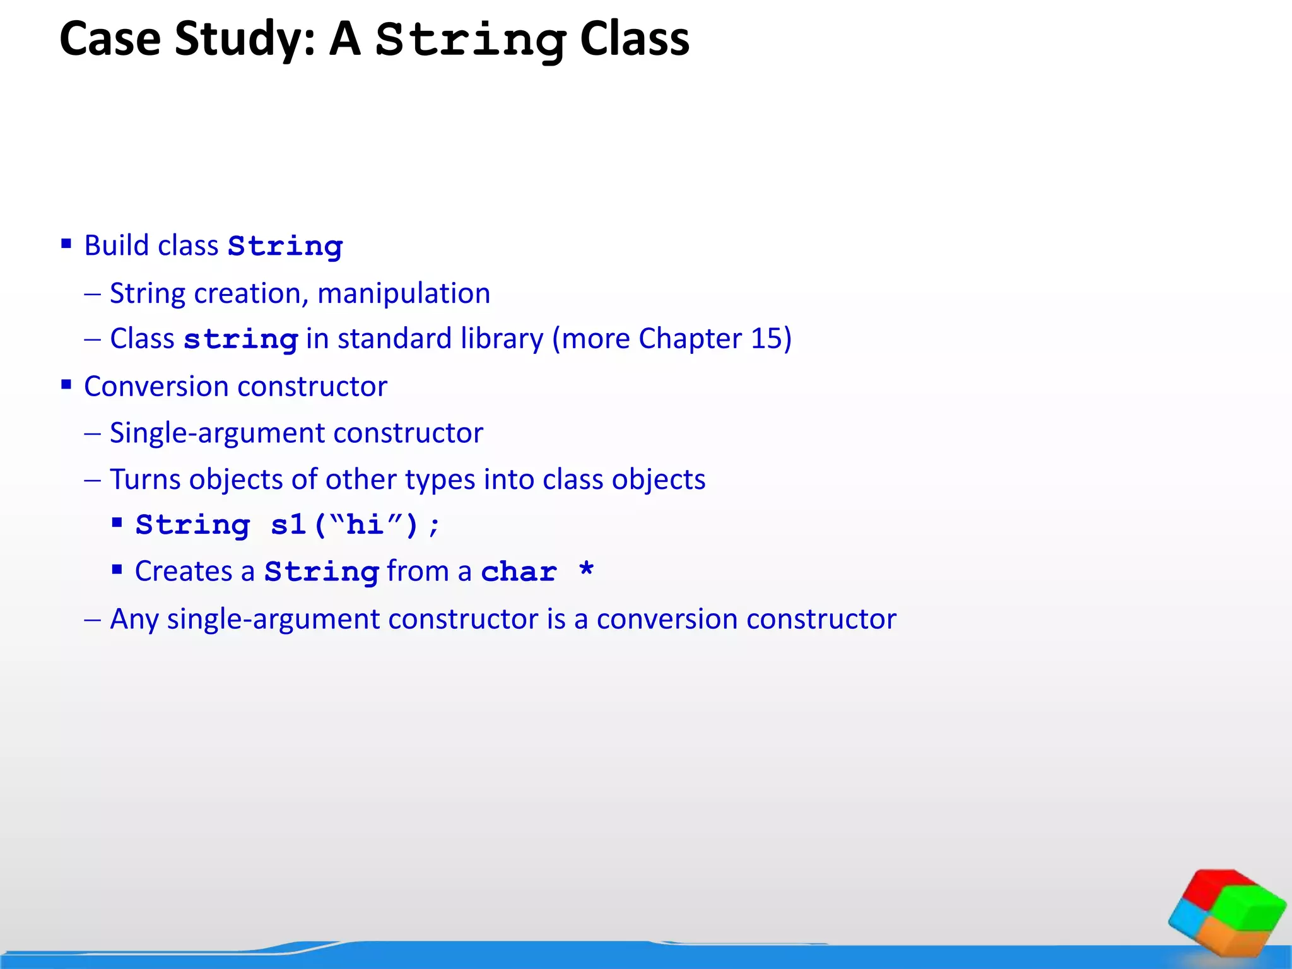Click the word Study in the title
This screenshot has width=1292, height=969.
pyautogui.click(x=244, y=39)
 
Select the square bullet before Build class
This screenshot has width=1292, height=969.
pyautogui.click(x=66, y=244)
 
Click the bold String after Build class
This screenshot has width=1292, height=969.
pyautogui.click(x=285, y=247)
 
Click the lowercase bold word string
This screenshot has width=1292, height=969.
pyautogui.click(x=240, y=340)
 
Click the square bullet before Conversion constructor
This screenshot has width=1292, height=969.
pyautogui.click(x=66, y=385)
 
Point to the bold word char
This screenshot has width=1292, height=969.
pyautogui.click(x=519, y=572)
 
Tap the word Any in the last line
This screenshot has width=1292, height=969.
pyautogui.click(x=134, y=620)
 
